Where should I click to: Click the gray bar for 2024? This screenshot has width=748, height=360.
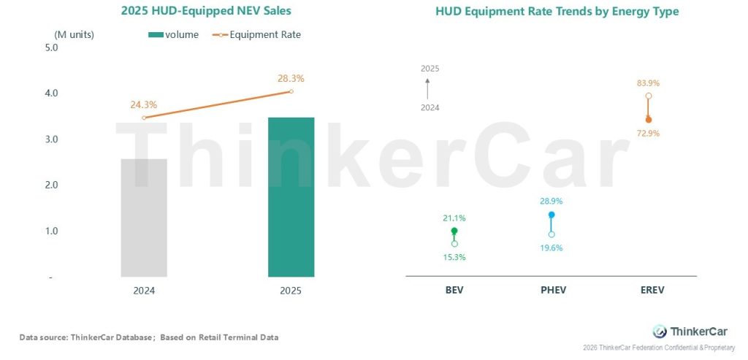[144, 218]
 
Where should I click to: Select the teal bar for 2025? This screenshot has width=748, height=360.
[291, 197]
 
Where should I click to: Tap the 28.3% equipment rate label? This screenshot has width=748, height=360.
[291, 78]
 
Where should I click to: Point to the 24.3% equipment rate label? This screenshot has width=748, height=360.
[144, 104]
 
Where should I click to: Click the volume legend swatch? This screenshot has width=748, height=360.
[158, 34]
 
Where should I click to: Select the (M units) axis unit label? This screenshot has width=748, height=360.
[75, 34]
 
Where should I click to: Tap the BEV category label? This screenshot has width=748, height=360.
[454, 290]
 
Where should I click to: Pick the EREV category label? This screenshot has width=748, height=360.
[649, 290]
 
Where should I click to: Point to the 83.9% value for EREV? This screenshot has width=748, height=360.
[649, 83]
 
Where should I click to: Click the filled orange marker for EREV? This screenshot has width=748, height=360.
[649, 119]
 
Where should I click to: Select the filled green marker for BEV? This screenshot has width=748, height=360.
[454, 231]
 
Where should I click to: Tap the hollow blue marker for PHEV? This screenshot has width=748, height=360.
[552, 234]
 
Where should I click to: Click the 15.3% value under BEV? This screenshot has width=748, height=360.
[454, 257]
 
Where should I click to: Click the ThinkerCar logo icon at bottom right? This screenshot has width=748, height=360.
[660, 331]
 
